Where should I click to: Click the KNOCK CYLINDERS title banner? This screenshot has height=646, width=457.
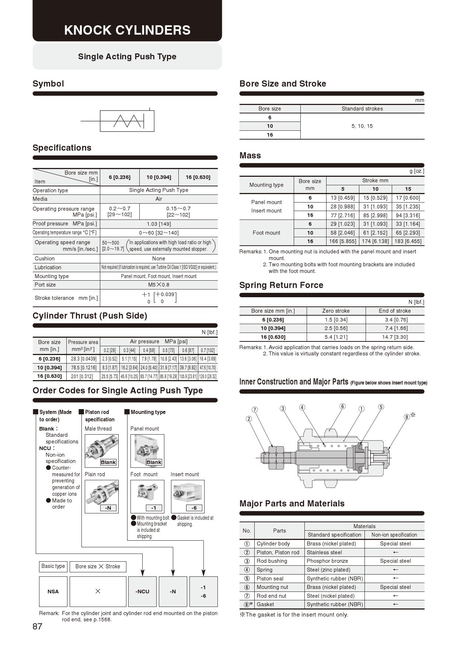127,30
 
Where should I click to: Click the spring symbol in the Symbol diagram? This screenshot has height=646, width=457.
128,121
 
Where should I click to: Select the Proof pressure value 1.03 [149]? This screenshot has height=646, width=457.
158,224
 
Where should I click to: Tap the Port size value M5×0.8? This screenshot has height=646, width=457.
158,285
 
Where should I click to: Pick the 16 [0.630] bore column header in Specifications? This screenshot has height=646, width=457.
198,177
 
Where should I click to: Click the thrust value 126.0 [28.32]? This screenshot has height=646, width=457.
207,376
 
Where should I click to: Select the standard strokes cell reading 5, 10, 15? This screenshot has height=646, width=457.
362,126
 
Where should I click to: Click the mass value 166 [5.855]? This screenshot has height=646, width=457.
342,241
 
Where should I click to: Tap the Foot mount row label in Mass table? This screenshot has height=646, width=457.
266,233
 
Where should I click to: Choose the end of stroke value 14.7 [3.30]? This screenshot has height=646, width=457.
394,337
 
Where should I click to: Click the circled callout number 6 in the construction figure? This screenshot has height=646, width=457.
342,406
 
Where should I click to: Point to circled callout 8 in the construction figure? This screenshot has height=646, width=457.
407,417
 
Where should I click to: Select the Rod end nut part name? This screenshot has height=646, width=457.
271,596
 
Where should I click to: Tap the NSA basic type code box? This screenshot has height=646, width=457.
53,591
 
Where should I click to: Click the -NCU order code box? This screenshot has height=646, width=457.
142,591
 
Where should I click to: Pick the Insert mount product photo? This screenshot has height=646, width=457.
187,493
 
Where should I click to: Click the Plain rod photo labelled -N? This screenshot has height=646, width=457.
101,494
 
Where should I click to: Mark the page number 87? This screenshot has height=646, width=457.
38,626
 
